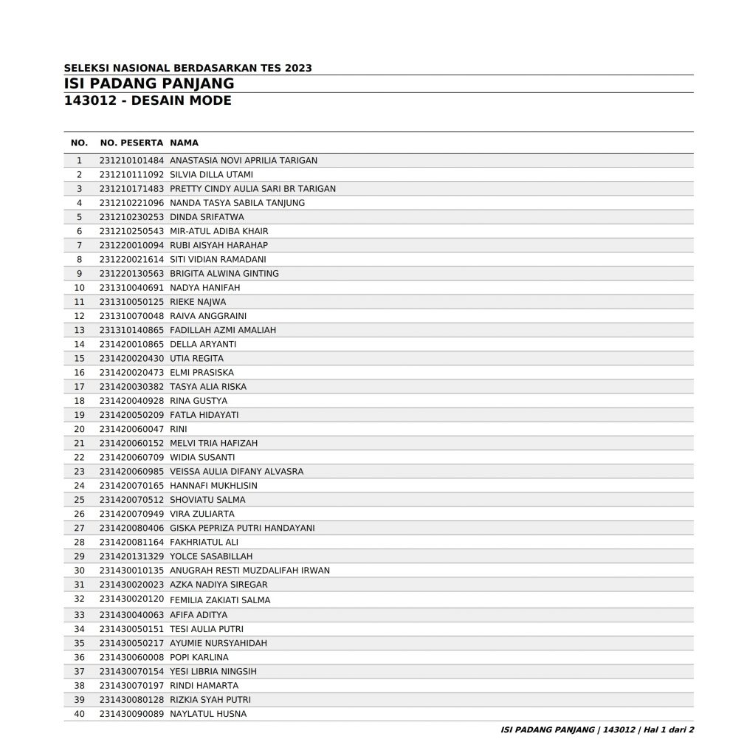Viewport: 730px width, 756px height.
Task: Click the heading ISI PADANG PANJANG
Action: (x=149, y=83)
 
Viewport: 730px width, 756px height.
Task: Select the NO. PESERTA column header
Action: (x=131, y=142)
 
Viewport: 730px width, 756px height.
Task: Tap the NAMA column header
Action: (x=184, y=142)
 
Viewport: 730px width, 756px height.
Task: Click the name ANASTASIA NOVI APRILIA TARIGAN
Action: (x=244, y=160)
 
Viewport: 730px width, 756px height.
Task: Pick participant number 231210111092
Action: (x=131, y=174)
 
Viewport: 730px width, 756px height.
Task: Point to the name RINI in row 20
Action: (x=178, y=429)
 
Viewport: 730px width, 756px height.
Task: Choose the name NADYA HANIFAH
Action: (x=204, y=287)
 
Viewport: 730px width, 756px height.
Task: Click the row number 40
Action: (x=80, y=714)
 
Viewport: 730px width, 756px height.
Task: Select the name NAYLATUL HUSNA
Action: (x=208, y=714)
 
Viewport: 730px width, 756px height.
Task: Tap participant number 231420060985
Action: (x=131, y=471)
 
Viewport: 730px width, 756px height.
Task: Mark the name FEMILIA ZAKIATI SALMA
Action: (x=220, y=600)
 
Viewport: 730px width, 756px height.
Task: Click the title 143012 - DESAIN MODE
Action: (x=148, y=100)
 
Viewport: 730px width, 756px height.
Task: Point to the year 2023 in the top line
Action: (x=297, y=68)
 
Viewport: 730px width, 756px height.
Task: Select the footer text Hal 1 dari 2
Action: (x=667, y=730)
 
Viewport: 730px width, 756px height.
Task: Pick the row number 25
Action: (x=80, y=500)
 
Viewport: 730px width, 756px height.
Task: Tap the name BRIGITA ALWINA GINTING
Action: (x=224, y=273)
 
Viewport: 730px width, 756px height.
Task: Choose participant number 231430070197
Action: (x=131, y=685)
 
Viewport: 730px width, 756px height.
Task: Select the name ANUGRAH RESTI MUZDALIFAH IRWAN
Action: (x=249, y=570)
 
